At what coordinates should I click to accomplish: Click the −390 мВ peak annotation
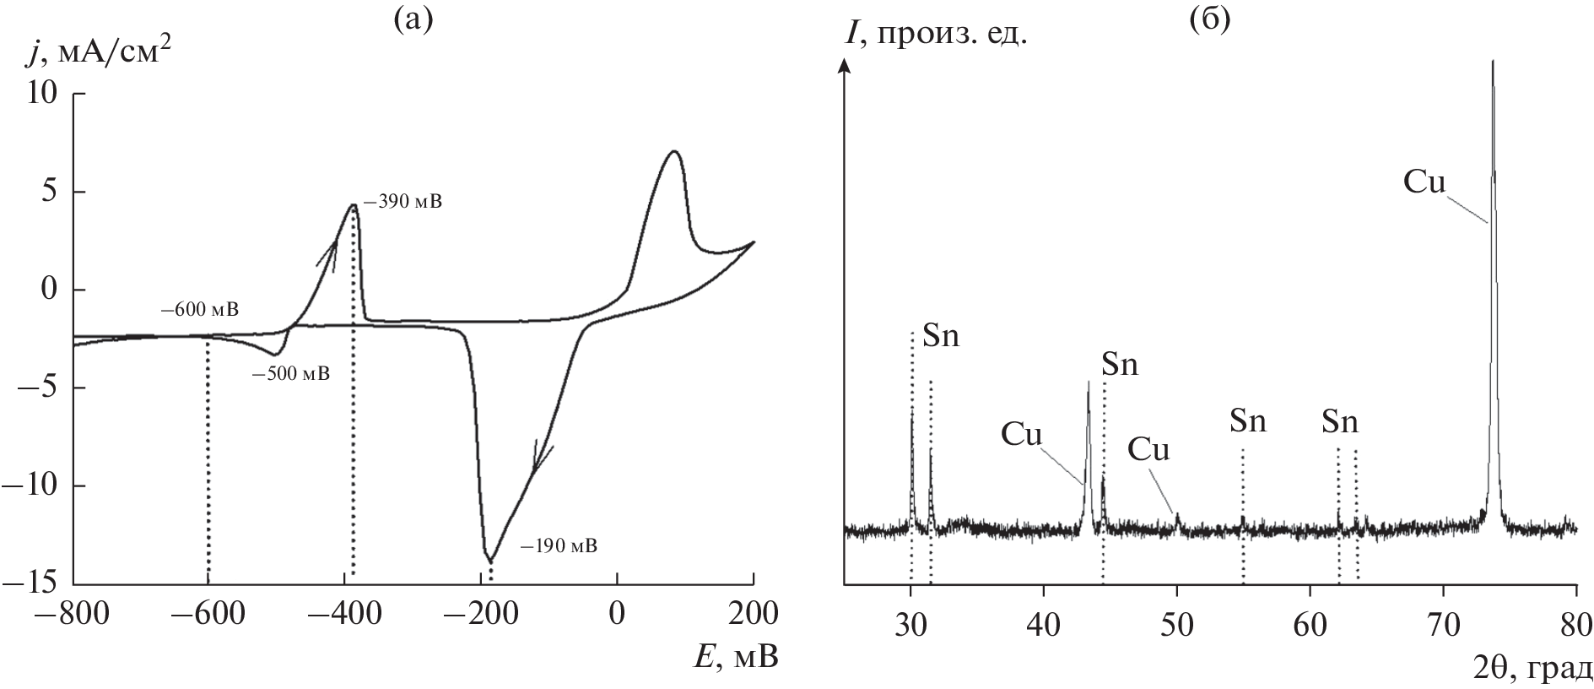[403, 203]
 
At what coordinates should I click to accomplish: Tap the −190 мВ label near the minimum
[558, 545]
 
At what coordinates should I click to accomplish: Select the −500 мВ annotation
[290, 373]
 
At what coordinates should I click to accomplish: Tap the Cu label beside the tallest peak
[1424, 182]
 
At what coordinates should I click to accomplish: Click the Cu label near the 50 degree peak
[1148, 450]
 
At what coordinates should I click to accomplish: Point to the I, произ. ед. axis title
[936, 35]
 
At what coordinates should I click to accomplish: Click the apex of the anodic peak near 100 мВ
[673, 151]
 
